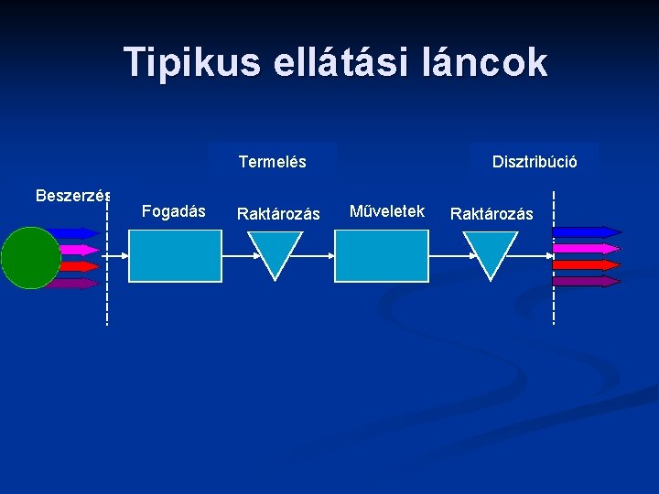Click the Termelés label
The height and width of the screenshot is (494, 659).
[272, 162]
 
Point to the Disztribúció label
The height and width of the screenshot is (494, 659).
[535, 162]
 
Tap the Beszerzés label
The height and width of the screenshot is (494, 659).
[73, 195]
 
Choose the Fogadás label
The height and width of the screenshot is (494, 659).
[174, 211]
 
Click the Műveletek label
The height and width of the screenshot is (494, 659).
[387, 211]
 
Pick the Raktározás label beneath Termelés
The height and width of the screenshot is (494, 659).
[278, 214]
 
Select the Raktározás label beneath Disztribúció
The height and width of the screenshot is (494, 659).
[492, 214]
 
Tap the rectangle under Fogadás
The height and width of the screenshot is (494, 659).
[175, 255]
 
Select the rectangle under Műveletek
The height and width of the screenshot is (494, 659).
[382, 255]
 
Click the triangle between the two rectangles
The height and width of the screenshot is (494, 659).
[276, 252]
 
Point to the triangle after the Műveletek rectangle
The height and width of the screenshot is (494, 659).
[491, 252]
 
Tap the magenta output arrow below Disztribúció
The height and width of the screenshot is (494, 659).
[586, 248]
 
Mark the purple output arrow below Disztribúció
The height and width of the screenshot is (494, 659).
[586, 282]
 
